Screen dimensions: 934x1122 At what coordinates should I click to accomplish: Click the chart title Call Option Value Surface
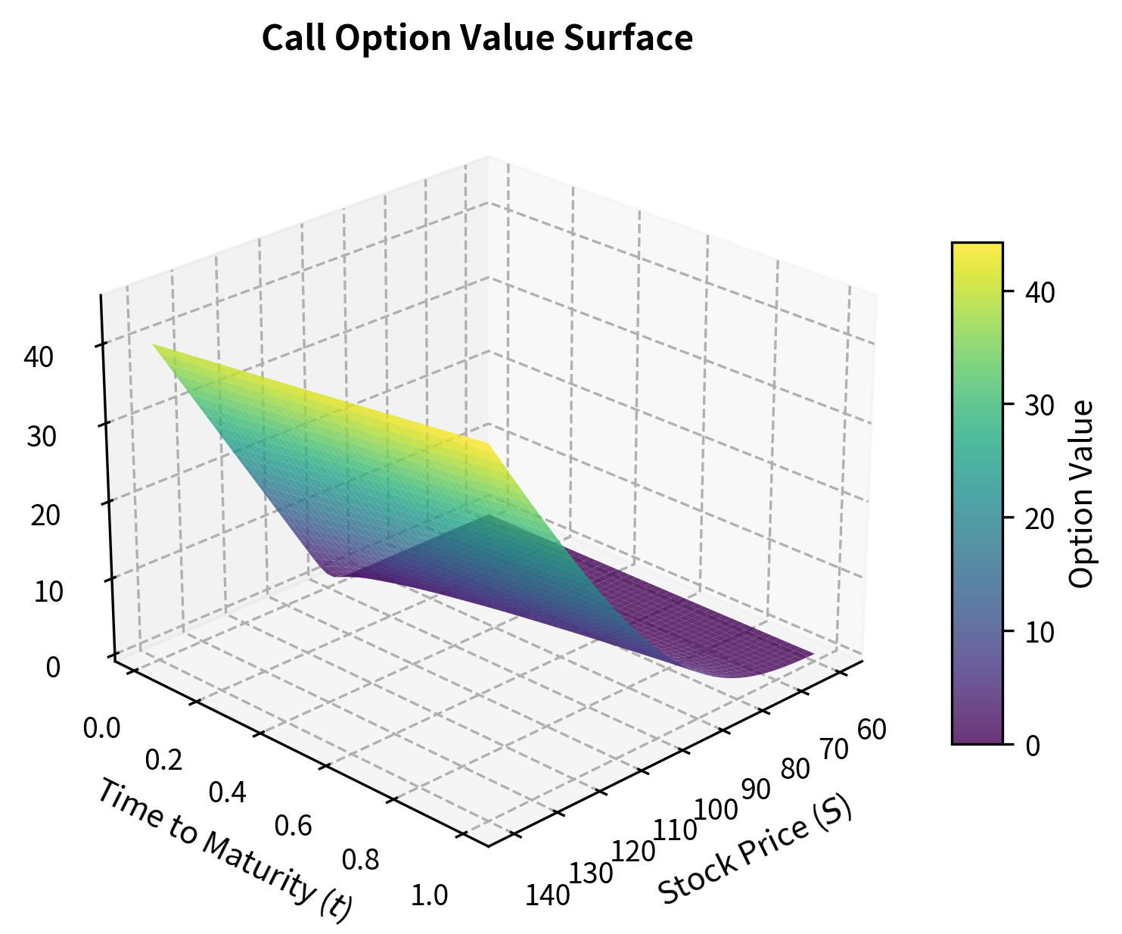477,39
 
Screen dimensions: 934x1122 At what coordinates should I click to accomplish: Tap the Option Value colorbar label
1083,493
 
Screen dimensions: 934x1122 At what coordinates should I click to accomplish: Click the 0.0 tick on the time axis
101,728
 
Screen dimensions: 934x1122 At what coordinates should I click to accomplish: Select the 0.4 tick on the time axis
227,792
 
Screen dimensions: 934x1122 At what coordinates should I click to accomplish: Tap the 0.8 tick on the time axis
362,861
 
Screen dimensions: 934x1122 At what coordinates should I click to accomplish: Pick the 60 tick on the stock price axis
872,730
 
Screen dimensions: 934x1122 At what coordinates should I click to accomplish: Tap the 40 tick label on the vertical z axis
39,357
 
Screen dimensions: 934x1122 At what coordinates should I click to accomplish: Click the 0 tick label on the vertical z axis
53,668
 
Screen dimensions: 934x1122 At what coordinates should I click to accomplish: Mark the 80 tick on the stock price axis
794,769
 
